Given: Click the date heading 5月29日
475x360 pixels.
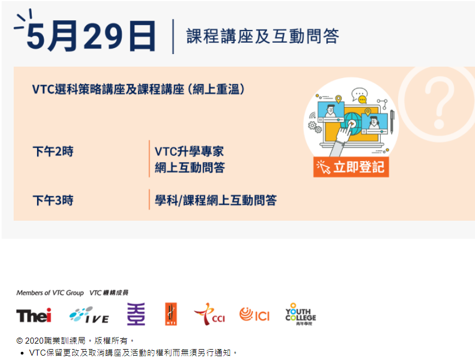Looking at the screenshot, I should [x=91, y=36].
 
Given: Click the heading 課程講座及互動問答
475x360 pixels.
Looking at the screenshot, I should [x=263, y=36].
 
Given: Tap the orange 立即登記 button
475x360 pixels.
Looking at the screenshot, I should [x=351, y=167].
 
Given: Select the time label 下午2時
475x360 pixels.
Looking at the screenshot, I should [x=52, y=152].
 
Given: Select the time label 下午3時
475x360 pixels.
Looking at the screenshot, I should [x=52, y=200].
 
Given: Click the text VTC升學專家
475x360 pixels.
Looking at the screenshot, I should [x=189, y=151].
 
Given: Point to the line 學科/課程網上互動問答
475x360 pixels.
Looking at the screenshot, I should [x=216, y=200].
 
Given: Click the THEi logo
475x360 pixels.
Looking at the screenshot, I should [x=34, y=315].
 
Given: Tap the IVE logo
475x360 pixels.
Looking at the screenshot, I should [x=89, y=315].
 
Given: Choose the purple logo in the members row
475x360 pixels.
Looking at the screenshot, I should [x=136, y=314].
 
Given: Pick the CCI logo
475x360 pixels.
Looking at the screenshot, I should [x=209, y=315].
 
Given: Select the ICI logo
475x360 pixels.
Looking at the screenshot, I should [x=254, y=315].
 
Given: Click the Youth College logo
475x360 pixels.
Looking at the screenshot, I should [x=300, y=314].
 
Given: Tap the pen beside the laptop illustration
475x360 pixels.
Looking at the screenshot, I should [x=392, y=121].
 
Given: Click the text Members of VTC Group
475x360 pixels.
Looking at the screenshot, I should [x=50, y=293].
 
